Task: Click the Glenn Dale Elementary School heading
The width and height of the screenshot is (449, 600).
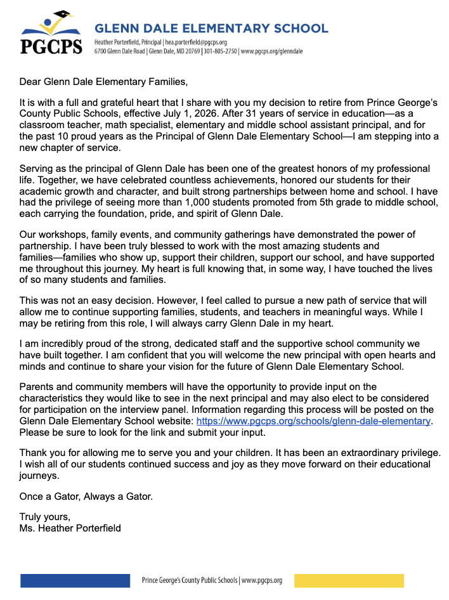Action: click(x=211, y=28)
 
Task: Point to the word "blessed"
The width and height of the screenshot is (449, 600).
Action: click(x=136, y=246)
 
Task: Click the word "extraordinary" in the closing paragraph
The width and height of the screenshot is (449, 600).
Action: click(x=372, y=453)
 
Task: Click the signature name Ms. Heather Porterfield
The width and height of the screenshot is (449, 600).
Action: click(x=70, y=528)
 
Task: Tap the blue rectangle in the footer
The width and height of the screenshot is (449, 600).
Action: click(x=75, y=580)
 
